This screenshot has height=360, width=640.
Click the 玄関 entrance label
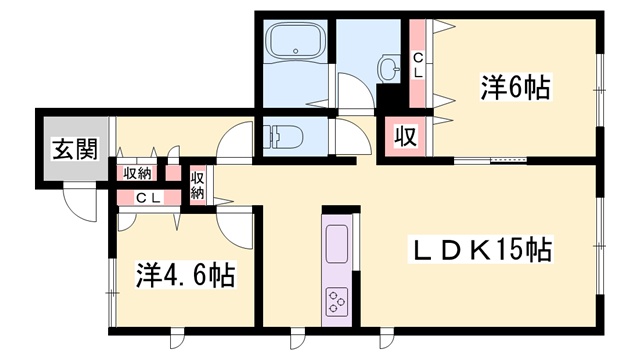[75, 149]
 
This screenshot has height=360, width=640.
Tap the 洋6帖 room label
[515, 87]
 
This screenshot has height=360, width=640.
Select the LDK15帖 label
[480, 249]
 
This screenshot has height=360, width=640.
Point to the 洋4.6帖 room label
[186, 276]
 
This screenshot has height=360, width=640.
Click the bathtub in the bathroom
[296, 42]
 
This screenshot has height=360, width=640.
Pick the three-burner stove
[337, 302]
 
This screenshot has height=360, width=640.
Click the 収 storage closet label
[405, 136]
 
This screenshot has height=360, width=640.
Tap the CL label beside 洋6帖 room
[418, 67]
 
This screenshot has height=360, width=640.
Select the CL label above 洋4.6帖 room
[149, 198]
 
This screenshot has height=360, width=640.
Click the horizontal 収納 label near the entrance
[138, 174]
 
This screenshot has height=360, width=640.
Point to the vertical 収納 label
[197, 185]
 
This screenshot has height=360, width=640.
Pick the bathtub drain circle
[296, 51]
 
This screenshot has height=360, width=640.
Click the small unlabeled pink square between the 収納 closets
[172, 173]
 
